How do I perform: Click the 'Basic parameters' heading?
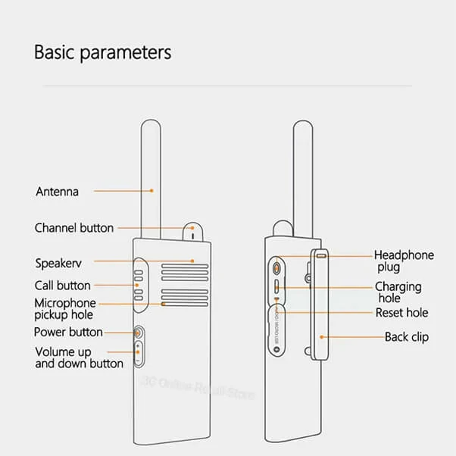pos(103,52)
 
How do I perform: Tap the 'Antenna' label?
pos(57,192)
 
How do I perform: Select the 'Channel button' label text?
pos(74,228)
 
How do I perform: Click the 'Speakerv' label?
pos(58,264)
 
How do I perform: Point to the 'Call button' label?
pos(62,286)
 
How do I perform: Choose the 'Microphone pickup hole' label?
pos(65,308)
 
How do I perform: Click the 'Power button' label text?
pos(68,332)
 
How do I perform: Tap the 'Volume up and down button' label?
pos(79,358)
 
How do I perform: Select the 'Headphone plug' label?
pos(404,261)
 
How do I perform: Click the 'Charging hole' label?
pos(398,292)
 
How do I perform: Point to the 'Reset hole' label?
pos(401,313)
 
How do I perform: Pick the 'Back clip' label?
pos(407,337)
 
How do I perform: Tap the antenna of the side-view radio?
pos(304,174)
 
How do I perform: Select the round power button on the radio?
pos(139,332)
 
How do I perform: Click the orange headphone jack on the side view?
pos(277,267)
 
